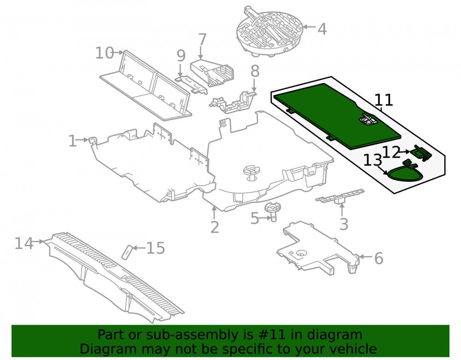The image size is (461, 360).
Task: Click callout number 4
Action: point(322,29)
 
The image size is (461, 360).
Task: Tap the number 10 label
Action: point(105,53)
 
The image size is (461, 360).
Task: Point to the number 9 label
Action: point(181,55)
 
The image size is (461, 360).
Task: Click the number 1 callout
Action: point(72,141)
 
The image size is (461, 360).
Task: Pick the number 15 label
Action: point(155,248)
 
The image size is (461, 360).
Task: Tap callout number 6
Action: point(378,258)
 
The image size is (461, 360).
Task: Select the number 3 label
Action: point(344,224)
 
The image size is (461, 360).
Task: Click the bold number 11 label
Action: point(384,100)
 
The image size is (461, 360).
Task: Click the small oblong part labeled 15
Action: point(127,252)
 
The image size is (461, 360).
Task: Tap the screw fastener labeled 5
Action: point(272,212)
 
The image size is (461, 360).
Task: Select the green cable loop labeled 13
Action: point(405,173)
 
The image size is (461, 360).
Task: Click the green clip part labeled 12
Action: point(422,153)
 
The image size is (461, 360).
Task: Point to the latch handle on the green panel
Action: point(367,119)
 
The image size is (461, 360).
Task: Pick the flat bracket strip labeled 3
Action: point(340,196)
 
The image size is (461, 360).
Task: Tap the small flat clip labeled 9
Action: point(191,85)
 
